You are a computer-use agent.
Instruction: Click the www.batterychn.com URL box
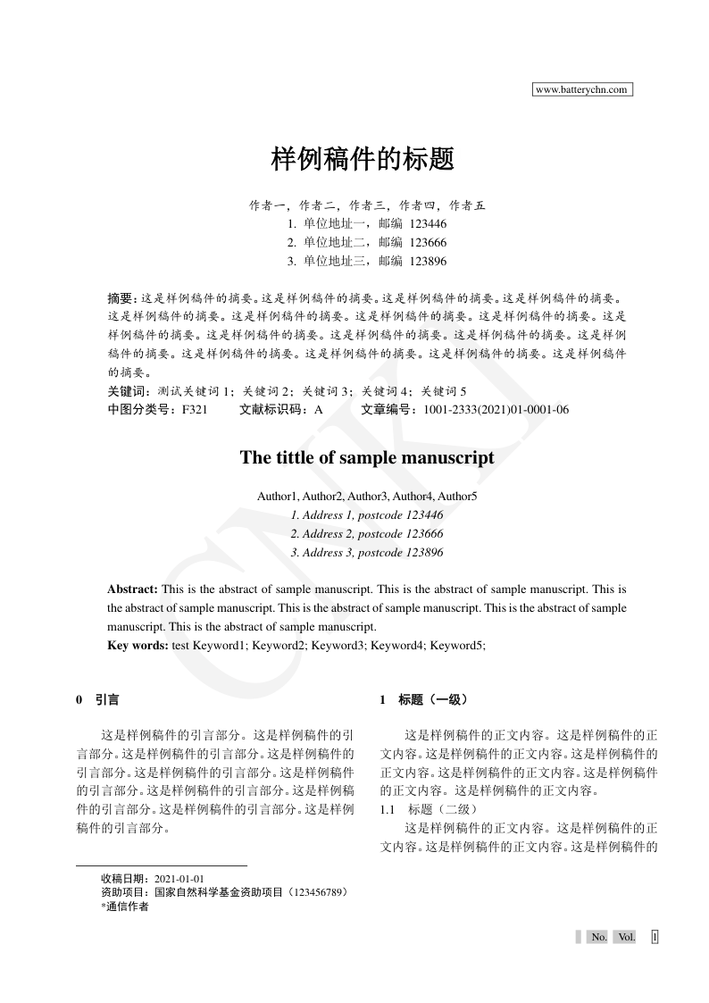(x=582, y=89)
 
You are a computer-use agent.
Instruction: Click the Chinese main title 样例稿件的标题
(x=363, y=160)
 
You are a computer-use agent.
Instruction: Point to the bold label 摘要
(x=120, y=297)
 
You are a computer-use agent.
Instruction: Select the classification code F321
(x=195, y=410)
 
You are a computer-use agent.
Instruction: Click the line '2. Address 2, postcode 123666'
(x=367, y=534)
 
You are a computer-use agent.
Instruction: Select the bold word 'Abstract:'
(x=132, y=589)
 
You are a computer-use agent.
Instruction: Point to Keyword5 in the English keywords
(x=457, y=645)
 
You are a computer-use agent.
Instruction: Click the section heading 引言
(x=107, y=700)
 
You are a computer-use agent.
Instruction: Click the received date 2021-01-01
(x=179, y=879)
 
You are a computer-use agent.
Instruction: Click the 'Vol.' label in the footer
(x=626, y=937)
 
